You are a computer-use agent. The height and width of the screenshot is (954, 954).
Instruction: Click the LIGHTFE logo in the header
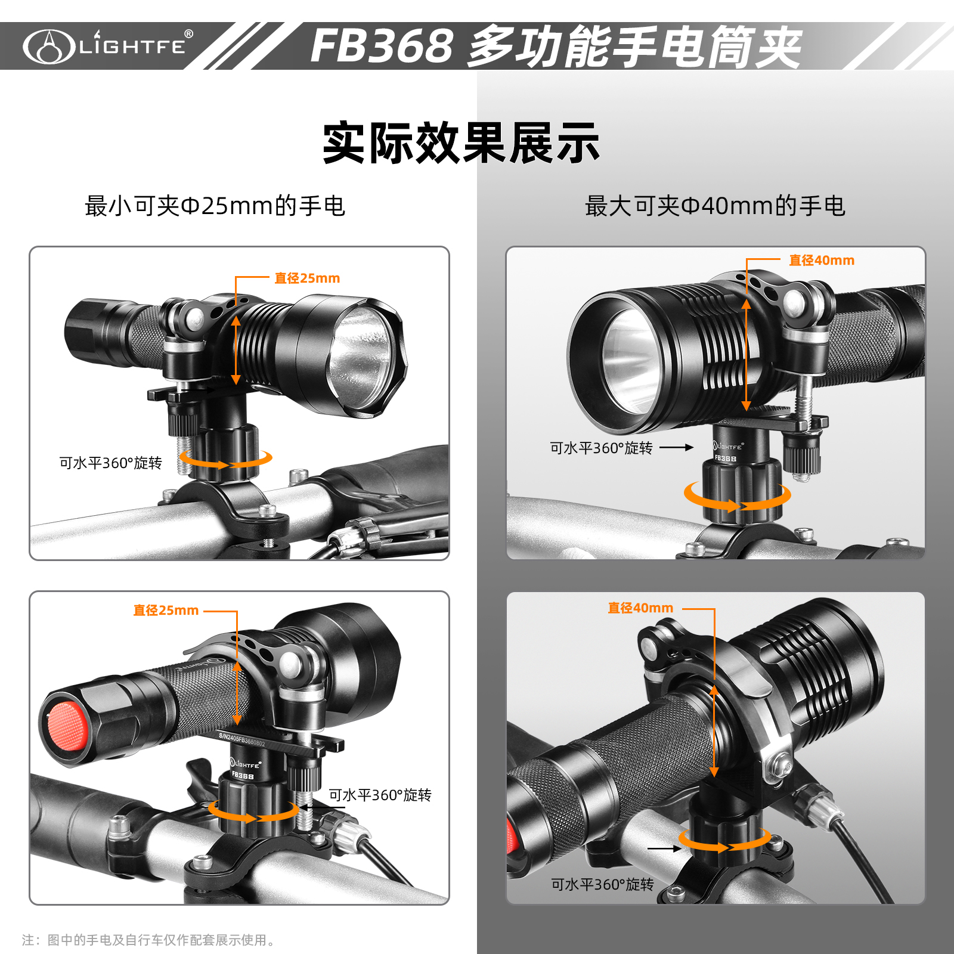pyautogui.click(x=108, y=46)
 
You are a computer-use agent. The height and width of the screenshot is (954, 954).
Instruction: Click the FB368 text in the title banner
pyautogui.click(x=382, y=46)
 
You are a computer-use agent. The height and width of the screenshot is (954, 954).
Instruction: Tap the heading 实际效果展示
pyautogui.click(x=461, y=143)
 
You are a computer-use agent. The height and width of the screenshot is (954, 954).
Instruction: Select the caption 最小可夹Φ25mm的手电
pyautogui.click(x=215, y=206)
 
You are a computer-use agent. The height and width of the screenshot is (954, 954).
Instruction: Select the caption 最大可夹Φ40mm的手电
pyautogui.click(x=715, y=206)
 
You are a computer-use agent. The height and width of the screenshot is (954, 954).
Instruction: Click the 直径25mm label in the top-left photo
pyautogui.click(x=307, y=278)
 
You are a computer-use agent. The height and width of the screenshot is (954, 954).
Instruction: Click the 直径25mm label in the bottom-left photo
pyautogui.click(x=166, y=611)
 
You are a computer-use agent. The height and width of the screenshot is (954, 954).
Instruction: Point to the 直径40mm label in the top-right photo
pyautogui.click(x=822, y=261)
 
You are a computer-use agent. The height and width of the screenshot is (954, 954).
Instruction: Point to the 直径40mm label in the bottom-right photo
pyautogui.click(x=640, y=608)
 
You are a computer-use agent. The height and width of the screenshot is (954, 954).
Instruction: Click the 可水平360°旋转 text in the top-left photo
pyautogui.click(x=110, y=463)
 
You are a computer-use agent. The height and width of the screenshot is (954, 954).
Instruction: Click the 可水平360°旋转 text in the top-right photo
pyautogui.click(x=601, y=448)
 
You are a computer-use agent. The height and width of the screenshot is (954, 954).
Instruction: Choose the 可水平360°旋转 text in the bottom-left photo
pyautogui.click(x=380, y=795)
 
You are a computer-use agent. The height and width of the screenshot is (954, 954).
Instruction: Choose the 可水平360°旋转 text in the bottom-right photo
pyautogui.click(x=602, y=884)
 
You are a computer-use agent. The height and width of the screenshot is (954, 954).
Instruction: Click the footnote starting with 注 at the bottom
pyautogui.click(x=149, y=940)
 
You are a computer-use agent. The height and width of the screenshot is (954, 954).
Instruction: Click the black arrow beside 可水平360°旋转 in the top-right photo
pyautogui.click(x=677, y=447)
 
